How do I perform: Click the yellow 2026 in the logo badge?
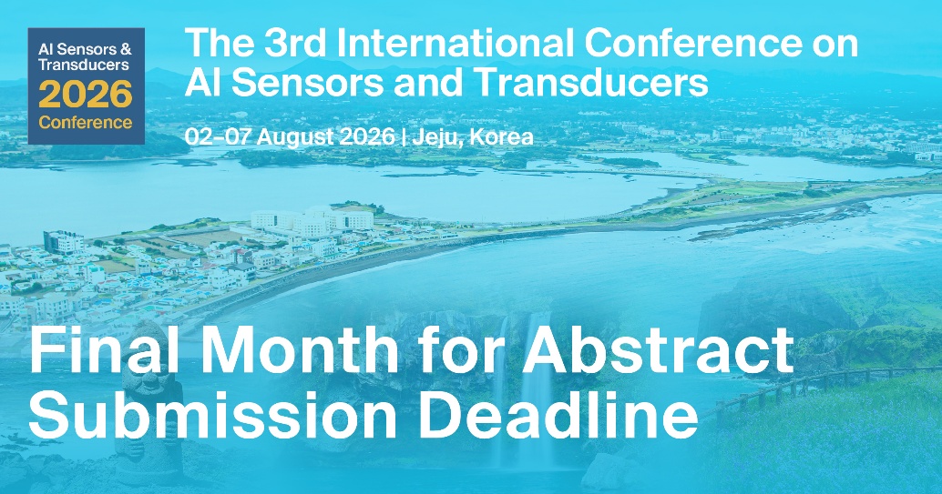coord(86,94)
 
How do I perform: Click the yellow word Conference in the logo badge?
coord(86,122)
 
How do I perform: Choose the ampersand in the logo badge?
coord(127,46)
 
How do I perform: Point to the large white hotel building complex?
coord(310,221)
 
